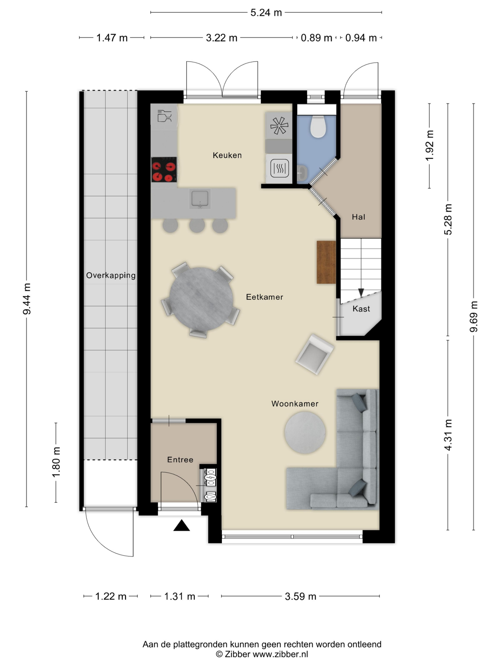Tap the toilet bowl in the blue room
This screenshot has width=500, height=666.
318,126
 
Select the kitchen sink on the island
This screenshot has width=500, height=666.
200,199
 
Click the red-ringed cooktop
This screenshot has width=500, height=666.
164,170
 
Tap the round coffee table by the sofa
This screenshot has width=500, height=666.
305,432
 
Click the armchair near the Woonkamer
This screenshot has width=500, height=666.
314,354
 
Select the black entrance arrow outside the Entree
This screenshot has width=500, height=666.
182,526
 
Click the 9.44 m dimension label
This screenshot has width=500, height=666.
27,299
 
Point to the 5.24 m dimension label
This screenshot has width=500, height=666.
266,13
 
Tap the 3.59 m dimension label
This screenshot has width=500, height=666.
301,596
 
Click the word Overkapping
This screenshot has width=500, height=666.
111,276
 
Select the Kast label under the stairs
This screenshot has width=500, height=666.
361,309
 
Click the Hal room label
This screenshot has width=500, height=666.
358,217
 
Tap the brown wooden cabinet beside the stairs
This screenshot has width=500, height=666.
326,262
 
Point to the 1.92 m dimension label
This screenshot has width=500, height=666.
429,145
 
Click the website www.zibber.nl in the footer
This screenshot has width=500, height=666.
280,654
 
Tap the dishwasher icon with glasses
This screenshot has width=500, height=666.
164,116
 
